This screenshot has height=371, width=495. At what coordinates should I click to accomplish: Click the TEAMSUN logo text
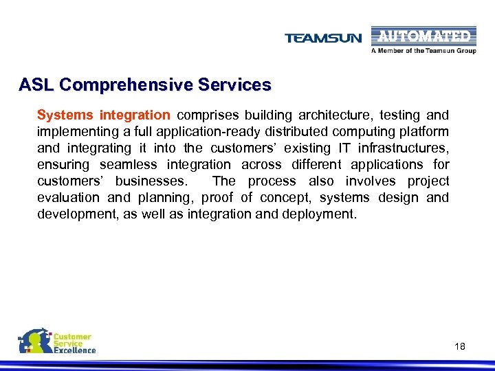(323, 38)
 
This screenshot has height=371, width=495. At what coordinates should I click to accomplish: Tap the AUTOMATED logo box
(423, 36)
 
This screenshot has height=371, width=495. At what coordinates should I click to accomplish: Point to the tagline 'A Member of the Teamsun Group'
(423, 51)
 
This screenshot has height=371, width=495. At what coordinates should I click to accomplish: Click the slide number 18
(460, 346)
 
